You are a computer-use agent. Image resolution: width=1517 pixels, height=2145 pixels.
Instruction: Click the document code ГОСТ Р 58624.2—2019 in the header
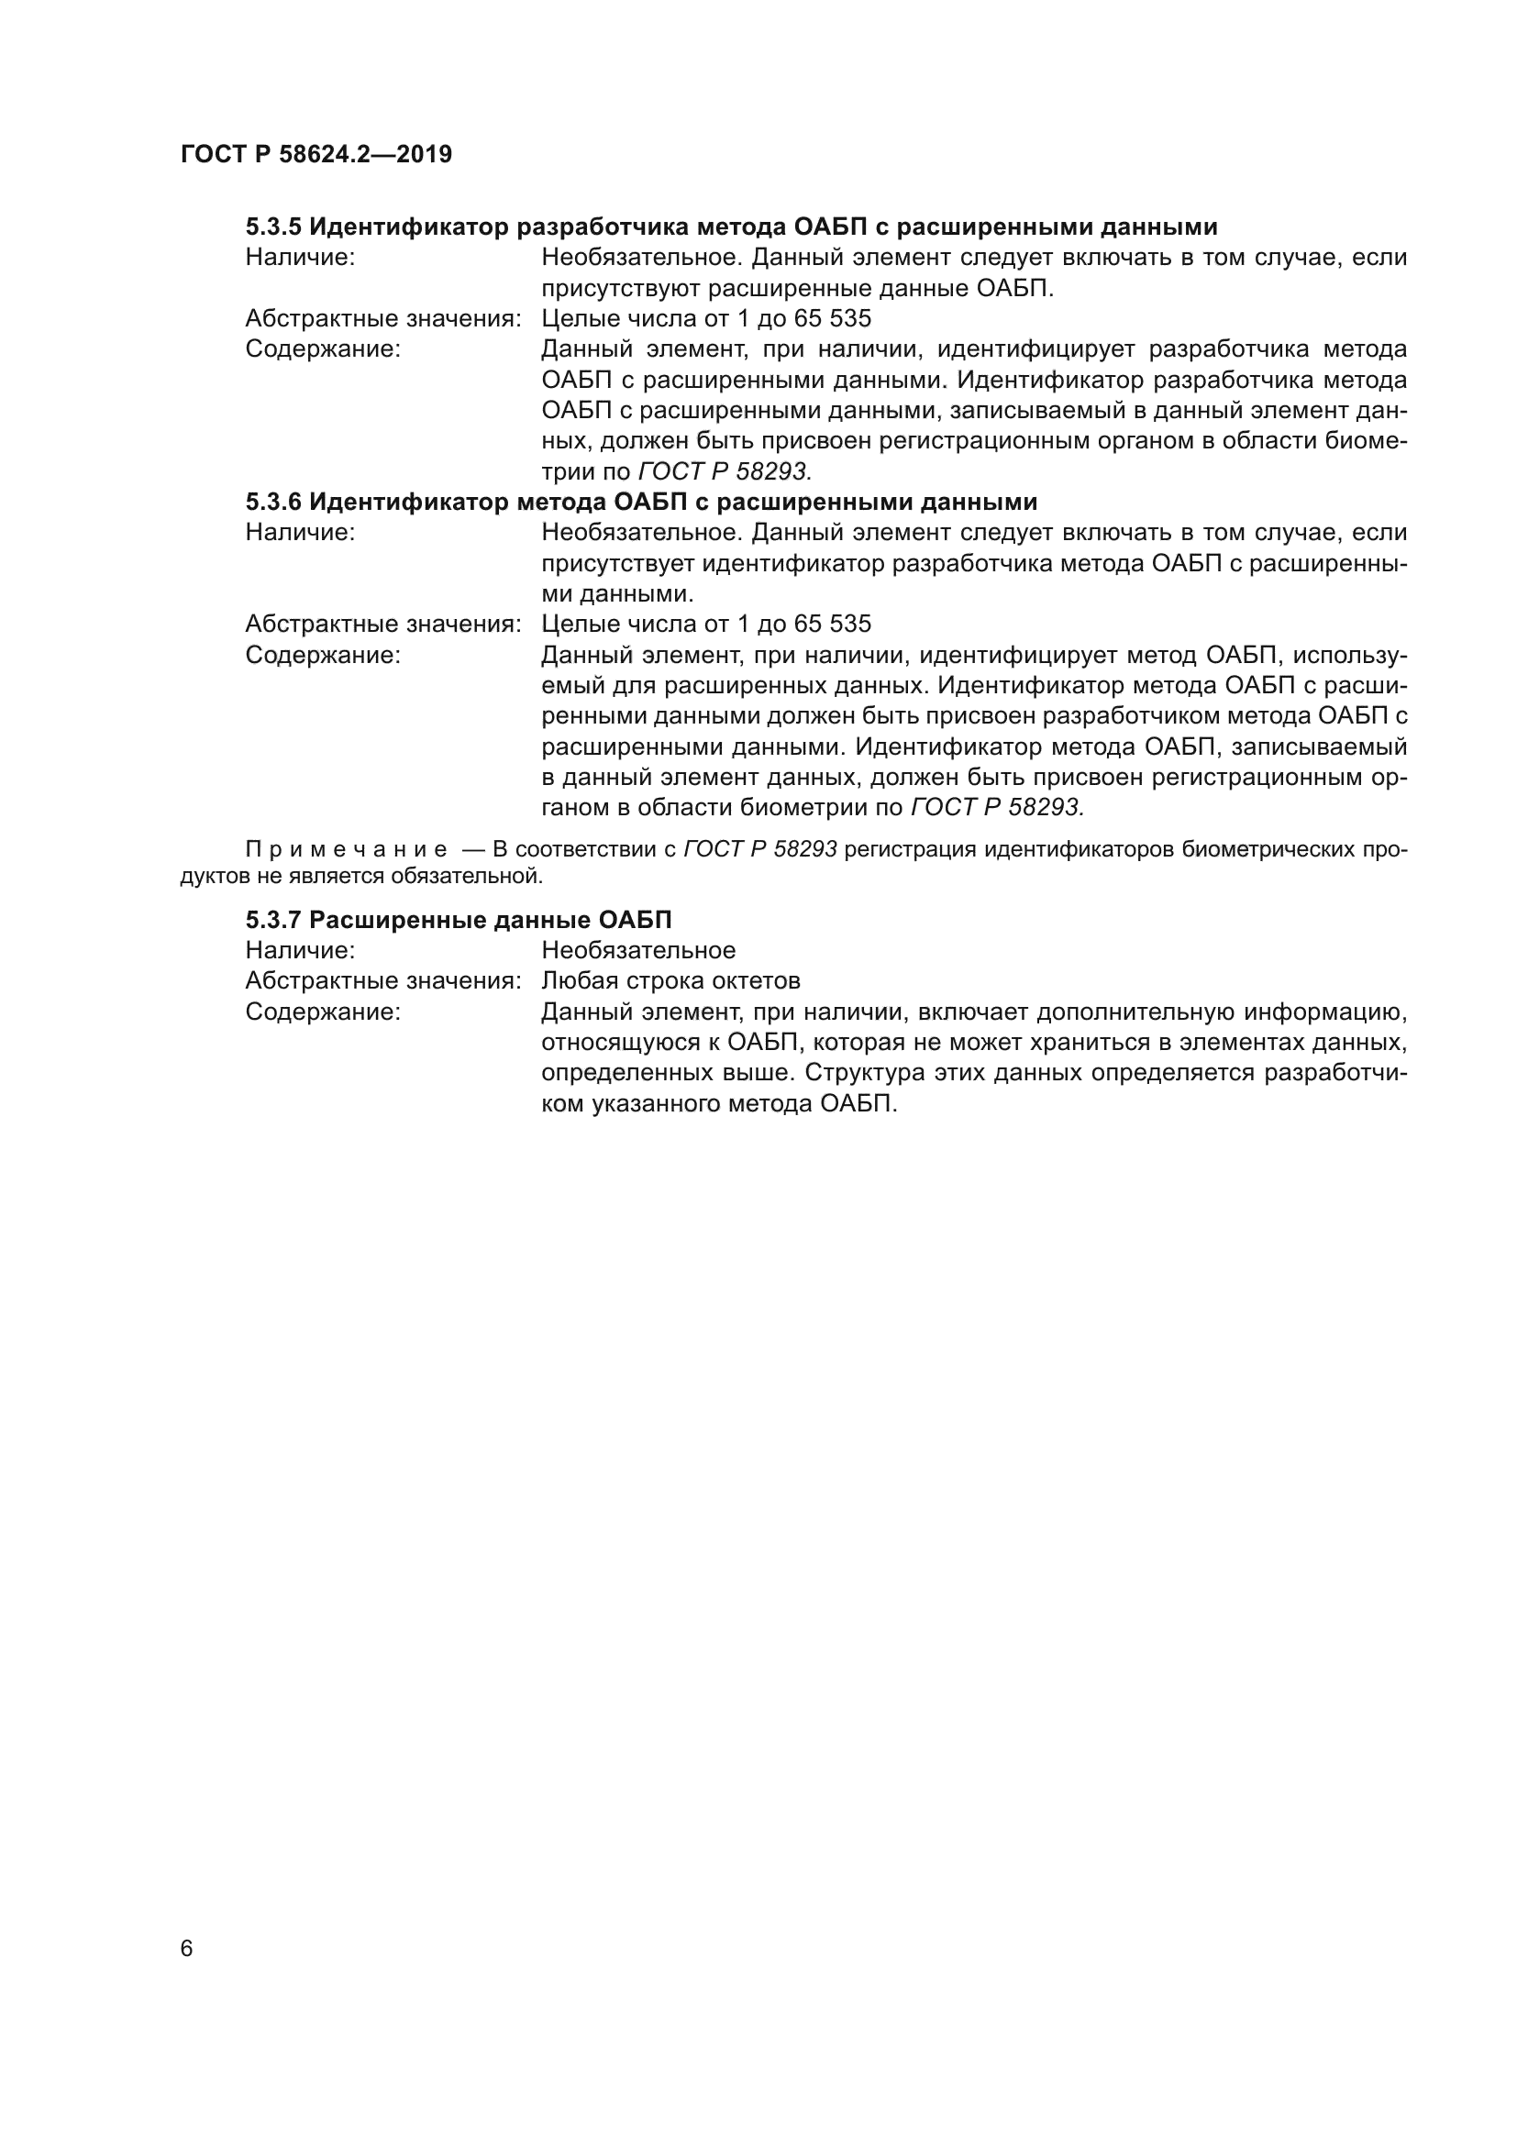(316, 154)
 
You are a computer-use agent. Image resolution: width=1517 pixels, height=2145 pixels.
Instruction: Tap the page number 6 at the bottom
(187, 1948)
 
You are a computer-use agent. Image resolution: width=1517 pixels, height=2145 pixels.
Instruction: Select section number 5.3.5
(273, 227)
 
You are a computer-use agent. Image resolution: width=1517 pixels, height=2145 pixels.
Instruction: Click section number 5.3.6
(273, 502)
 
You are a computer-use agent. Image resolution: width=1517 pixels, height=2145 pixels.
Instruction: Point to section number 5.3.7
(273, 920)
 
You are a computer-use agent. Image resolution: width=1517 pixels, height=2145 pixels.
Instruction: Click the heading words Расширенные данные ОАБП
(491, 920)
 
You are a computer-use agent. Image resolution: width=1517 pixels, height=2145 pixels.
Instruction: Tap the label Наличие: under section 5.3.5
(300, 258)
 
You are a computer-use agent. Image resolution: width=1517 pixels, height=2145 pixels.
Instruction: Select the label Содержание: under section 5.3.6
(322, 655)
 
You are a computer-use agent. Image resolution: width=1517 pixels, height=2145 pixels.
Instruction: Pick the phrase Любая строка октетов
(670, 981)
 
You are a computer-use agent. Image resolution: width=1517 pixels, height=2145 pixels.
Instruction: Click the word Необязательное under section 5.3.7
(638, 950)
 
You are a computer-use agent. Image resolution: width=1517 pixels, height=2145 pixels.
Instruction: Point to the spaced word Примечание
(347, 850)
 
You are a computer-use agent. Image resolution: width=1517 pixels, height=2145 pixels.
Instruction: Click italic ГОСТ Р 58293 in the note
(760, 850)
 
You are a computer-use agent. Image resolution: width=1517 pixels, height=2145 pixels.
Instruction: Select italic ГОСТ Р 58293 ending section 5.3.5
(725, 471)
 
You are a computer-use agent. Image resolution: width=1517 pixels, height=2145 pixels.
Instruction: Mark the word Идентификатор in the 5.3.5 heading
(408, 227)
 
